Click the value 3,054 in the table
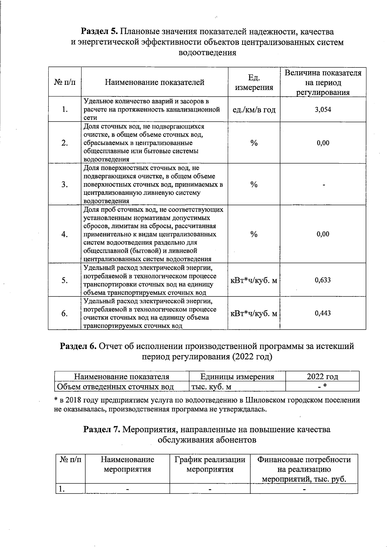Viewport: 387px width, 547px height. [323, 110]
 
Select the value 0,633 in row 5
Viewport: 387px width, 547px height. [323, 280]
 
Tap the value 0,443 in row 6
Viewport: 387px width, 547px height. [323, 313]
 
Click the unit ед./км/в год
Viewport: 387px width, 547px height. [254, 110]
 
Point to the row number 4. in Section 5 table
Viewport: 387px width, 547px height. [64, 234]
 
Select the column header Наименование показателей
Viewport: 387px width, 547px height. [154, 82]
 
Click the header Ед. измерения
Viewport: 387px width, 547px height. [254, 83]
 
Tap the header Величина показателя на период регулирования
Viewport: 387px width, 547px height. [323, 83]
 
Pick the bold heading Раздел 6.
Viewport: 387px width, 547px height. [78, 346]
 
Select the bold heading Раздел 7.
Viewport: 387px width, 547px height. [102, 430]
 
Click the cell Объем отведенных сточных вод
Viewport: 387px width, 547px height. [115, 386]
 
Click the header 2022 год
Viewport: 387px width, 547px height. [322, 376]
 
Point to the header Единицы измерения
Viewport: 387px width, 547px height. [237, 376]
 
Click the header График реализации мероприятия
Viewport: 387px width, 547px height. [210, 464]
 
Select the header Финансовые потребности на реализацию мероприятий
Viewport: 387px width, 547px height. [304, 469]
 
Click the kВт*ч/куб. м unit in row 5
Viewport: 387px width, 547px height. [254, 280]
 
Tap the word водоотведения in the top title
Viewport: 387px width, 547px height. [207, 52]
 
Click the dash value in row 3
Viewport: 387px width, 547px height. [323, 185]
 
